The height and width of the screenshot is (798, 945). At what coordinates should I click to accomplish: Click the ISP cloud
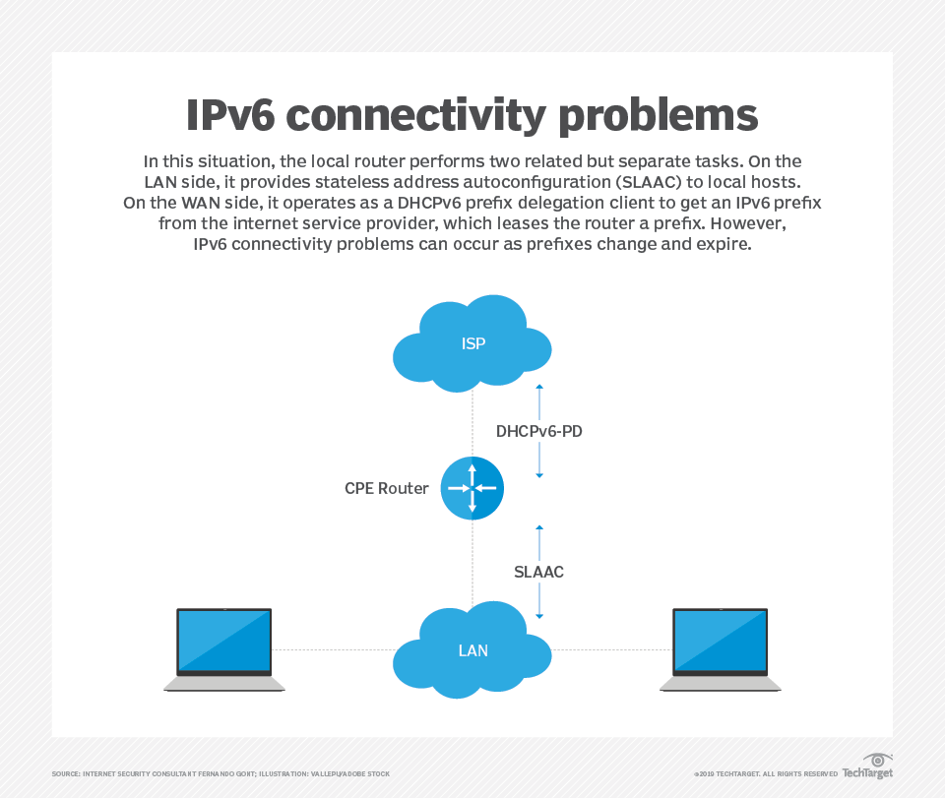coord(472,343)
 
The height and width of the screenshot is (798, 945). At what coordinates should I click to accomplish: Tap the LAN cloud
coord(472,650)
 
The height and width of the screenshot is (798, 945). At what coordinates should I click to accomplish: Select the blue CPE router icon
coord(472,488)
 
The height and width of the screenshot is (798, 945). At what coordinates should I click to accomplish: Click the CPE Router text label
coord(387,488)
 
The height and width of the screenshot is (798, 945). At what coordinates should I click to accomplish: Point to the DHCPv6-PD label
coord(539,430)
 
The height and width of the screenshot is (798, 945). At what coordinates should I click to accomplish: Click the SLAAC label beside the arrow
coord(539,572)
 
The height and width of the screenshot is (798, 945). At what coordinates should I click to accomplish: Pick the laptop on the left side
coord(224,649)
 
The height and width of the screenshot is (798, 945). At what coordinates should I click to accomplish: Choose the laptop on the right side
coord(721,649)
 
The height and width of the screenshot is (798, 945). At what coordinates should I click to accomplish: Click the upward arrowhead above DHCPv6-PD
coord(539,388)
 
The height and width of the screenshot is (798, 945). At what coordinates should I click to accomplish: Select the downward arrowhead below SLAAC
coord(539,616)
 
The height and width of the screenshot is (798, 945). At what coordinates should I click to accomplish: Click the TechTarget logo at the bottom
coord(866,767)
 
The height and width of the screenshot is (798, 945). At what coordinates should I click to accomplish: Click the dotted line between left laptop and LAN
coord(333,650)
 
